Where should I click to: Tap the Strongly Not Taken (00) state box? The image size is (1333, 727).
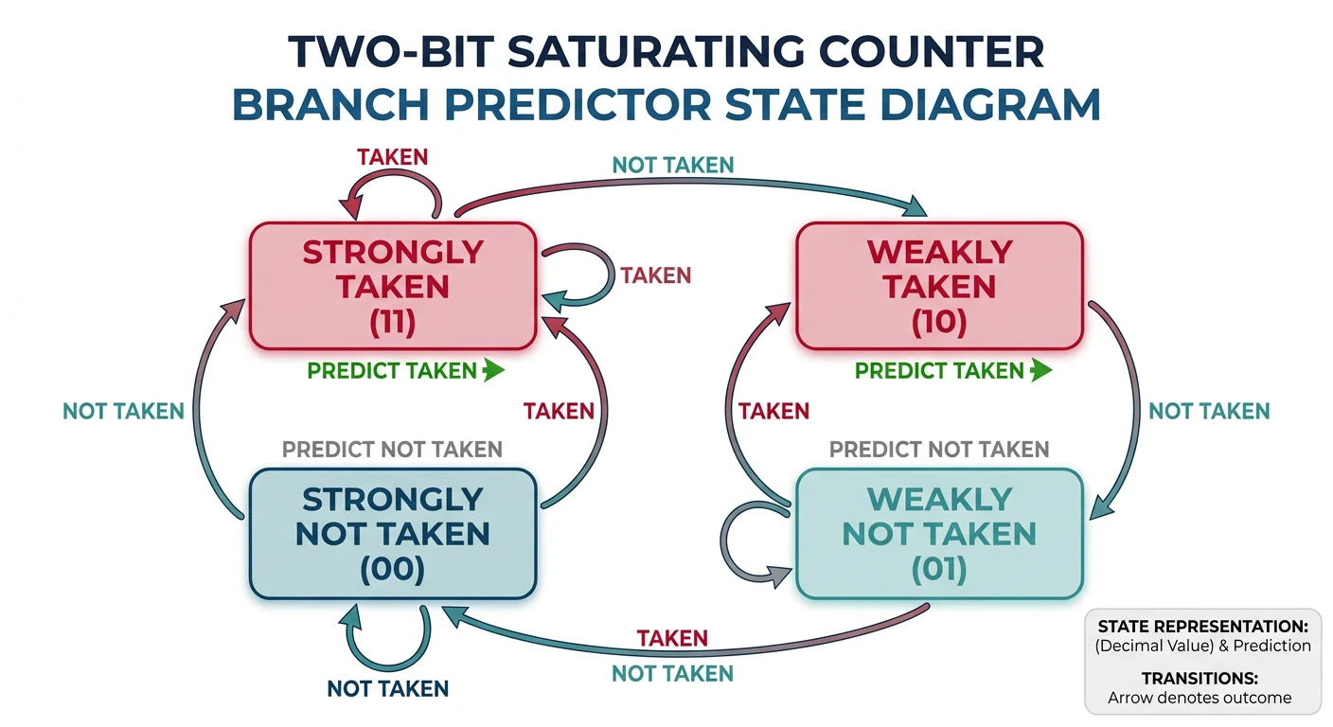click(393, 533)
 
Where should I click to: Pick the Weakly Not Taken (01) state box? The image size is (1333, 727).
click(939, 533)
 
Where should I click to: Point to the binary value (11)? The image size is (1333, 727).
click(393, 322)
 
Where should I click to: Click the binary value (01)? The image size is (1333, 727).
click(939, 570)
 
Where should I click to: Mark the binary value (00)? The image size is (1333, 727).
click(393, 570)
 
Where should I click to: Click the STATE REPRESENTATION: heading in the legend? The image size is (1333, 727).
click(1203, 627)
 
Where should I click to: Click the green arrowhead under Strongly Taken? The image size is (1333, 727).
click(492, 370)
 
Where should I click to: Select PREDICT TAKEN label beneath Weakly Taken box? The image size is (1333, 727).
click(939, 370)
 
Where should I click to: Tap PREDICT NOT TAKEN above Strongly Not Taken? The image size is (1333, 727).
click(392, 449)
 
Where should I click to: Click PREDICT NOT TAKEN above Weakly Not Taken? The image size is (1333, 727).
click(939, 449)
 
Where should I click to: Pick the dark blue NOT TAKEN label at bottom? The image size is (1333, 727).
click(387, 688)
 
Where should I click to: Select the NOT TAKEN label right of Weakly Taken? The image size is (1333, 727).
click(1208, 411)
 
